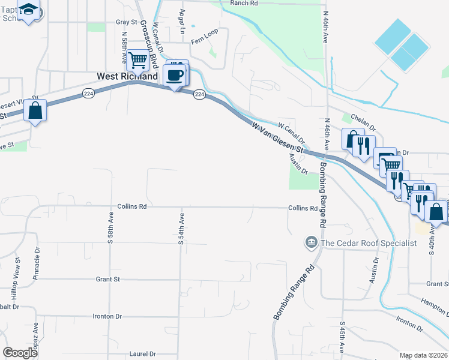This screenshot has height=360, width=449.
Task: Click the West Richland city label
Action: (127, 77)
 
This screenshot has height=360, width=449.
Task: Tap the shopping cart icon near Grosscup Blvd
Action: (138, 60)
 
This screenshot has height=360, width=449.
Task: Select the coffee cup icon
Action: (175, 76)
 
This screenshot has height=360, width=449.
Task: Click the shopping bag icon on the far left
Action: (35, 110)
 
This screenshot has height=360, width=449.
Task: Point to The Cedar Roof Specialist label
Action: (369, 243)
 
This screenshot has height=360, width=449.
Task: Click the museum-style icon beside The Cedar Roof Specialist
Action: (311, 242)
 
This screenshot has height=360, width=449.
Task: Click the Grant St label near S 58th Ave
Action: (108, 279)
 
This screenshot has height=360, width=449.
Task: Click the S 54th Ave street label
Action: (181, 227)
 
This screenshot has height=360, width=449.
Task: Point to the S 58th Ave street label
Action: (110, 227)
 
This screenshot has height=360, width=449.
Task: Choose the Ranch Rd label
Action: (244, 3)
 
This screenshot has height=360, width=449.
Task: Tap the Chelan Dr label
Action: (363, 128)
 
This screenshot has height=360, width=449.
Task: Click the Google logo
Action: (20, 353)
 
